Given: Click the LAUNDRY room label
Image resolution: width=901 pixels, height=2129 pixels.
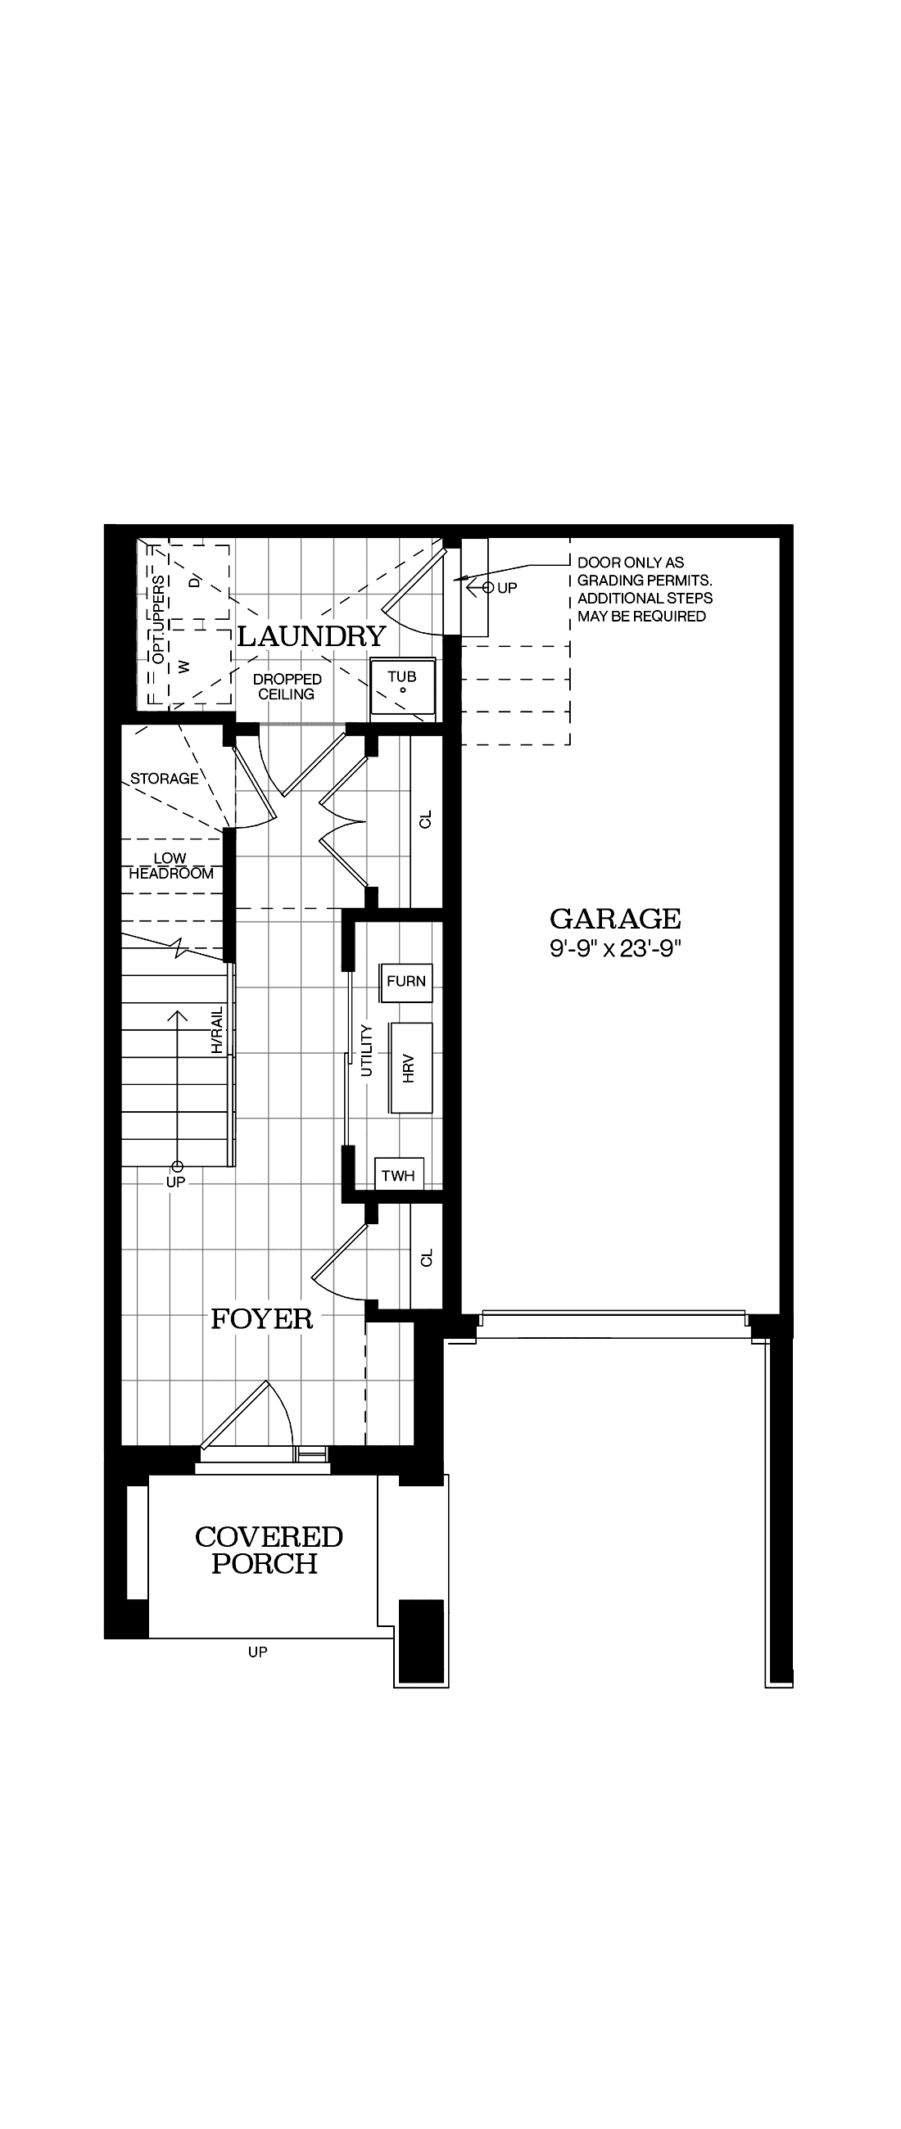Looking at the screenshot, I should click(311, 636).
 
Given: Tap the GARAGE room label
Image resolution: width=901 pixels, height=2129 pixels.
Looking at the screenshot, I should click(615, 918).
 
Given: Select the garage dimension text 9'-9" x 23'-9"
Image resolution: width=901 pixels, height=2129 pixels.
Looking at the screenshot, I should click(615, 948).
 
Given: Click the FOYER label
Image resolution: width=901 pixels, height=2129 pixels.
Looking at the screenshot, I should click(262, 1319).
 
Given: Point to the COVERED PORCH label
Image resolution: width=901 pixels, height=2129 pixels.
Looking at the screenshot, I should click(268, 1550).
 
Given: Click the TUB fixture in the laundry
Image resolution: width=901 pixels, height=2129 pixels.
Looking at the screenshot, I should click(402, 685).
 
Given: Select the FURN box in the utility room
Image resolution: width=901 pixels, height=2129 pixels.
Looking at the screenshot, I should click(406, 981).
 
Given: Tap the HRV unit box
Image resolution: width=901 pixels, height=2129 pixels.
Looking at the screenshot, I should click(411, 1068).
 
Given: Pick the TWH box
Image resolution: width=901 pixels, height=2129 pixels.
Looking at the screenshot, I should click(398, 1175).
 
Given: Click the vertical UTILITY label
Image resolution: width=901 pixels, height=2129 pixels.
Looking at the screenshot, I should click(368, 1051).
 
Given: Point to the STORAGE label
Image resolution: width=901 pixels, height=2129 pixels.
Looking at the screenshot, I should click(165, 779).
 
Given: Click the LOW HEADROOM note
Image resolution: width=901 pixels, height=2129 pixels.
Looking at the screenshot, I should click(170, 866).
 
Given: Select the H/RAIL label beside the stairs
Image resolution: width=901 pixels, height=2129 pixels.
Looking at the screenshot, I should click(217, 1030).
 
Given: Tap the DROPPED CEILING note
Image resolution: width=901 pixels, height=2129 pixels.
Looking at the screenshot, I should click(287, 687).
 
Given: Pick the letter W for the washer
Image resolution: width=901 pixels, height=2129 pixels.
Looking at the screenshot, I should click(184, 665).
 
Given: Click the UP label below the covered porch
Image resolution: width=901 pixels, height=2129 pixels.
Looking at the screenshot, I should click(257, 1652).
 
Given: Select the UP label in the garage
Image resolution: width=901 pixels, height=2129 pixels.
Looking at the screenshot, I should click(507, 588).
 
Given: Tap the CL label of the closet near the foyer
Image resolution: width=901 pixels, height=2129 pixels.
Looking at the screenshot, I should click(427, 1257).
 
